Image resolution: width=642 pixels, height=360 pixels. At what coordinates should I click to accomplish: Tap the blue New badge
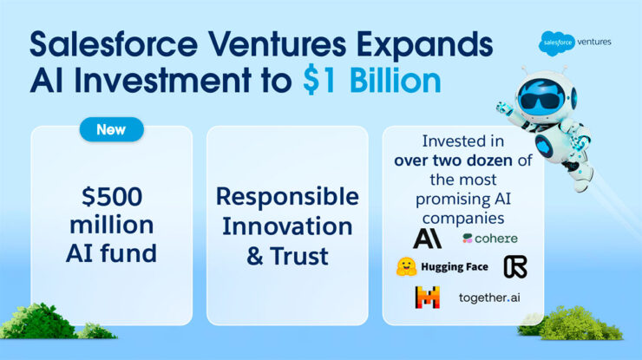pyautogui.click(x=111, y=130)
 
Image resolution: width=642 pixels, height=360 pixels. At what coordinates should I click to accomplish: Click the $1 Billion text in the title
pyautogui.click(x=371, y=80)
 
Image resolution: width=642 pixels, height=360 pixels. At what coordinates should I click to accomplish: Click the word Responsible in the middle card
pyautogui.click(x=286, y=196)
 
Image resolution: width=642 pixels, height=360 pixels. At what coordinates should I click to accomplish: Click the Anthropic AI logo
pyautogui.click(x=427, y=238)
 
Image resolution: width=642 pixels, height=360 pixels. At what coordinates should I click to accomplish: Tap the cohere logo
pyautogui.click(x=491, y=238)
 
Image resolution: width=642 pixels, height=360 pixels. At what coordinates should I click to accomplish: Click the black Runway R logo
pyautogui.click(x=514, y=267)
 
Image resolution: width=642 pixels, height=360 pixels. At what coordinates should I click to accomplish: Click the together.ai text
pyautogui.click(x=492, y=298)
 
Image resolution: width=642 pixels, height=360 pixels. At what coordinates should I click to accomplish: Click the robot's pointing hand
pyautogui.click(x=504, y=108)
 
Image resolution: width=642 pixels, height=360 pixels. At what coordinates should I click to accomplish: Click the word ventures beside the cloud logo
pyautogui.click(x=593, y=41)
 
